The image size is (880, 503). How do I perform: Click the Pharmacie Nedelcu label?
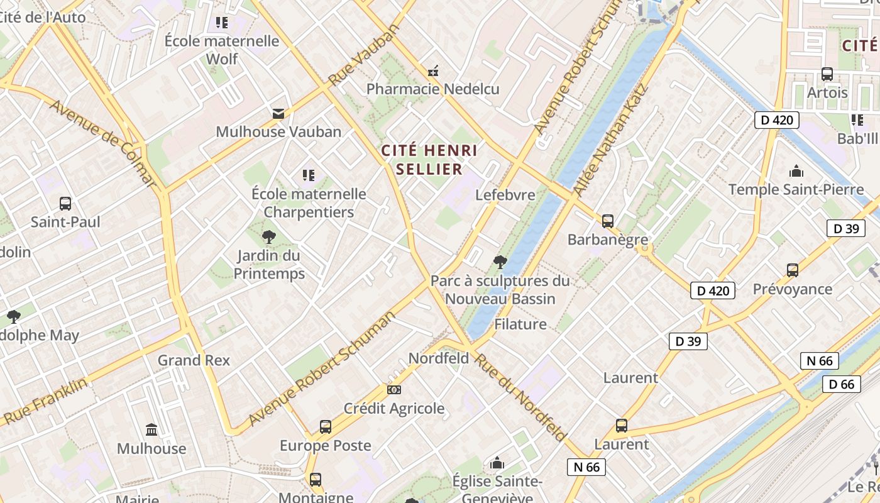pos(432,89)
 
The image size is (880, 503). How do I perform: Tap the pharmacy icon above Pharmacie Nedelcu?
pos(432,71)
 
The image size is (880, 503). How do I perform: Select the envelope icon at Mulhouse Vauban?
pos(278,114)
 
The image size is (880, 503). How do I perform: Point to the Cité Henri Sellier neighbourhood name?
pos(429,160)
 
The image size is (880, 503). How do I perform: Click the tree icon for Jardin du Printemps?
pos(269,237)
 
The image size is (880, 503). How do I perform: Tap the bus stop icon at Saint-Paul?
pos(65,204)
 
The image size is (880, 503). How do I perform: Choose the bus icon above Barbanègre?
pos(608,221)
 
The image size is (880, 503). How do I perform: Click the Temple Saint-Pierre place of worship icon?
pos(796,171)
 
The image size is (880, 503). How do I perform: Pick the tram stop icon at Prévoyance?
pos(793,270)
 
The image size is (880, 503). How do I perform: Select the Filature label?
pos(520,324)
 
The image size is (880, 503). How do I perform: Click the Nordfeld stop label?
pos(439,358)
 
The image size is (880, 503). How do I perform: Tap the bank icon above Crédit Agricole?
pos(394,390)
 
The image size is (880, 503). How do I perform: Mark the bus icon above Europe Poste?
pos(326,427)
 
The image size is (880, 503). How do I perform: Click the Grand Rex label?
pos(194,360)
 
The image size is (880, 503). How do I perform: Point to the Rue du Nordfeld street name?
pos(520,397)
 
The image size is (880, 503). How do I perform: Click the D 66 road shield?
pos(841,384)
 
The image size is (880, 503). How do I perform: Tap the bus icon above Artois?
pos(827,74)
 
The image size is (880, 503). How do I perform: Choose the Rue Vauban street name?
pos(364,55)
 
